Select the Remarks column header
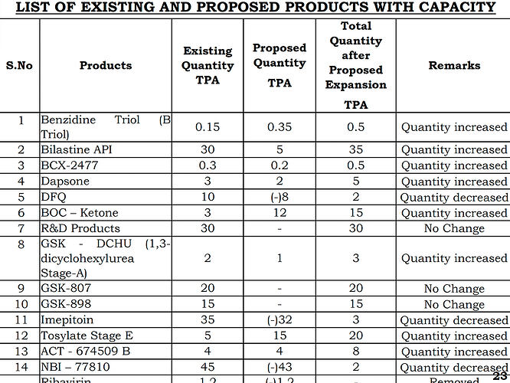click(454, 66)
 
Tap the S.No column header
click(19, 66)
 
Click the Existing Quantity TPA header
click(208, 66)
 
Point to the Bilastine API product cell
click(77, 149)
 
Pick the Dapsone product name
click(65, 182)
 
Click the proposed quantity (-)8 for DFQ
click(279, 197)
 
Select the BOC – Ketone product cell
click(80, 213)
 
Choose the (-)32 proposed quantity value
click(279, 320)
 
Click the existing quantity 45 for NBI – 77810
click(208, 367)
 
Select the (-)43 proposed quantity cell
click(279, 367)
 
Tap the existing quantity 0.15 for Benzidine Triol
click(208, 127)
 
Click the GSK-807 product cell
click(66, 289)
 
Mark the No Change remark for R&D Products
click(454, 228)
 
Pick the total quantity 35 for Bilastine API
click(356, 149)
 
